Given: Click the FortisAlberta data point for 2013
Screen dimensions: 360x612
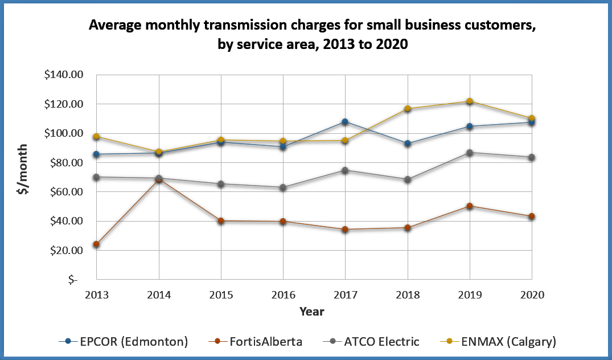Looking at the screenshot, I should (96, 244).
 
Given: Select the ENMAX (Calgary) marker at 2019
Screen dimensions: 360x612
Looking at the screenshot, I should (470, 101).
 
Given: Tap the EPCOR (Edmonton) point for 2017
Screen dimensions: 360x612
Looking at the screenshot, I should (345, 121).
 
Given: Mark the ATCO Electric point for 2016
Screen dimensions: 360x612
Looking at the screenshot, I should (283, 187).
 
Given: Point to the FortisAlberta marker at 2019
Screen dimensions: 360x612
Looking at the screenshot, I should (470, 206).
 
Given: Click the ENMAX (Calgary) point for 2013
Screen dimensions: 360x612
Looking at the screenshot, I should (96, 137).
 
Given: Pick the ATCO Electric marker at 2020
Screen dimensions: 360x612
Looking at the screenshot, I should (532, 157).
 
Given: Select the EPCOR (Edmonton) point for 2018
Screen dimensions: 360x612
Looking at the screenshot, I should (408, 144).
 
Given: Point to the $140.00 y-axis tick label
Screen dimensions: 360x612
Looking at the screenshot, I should (63, 75).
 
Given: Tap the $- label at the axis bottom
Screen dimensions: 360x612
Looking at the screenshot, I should (73, 280).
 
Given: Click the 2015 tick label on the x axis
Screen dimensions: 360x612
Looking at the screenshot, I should (221, 295).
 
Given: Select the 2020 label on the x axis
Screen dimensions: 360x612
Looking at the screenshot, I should (532, 295).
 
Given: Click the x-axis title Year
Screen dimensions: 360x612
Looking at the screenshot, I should (312, 312).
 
